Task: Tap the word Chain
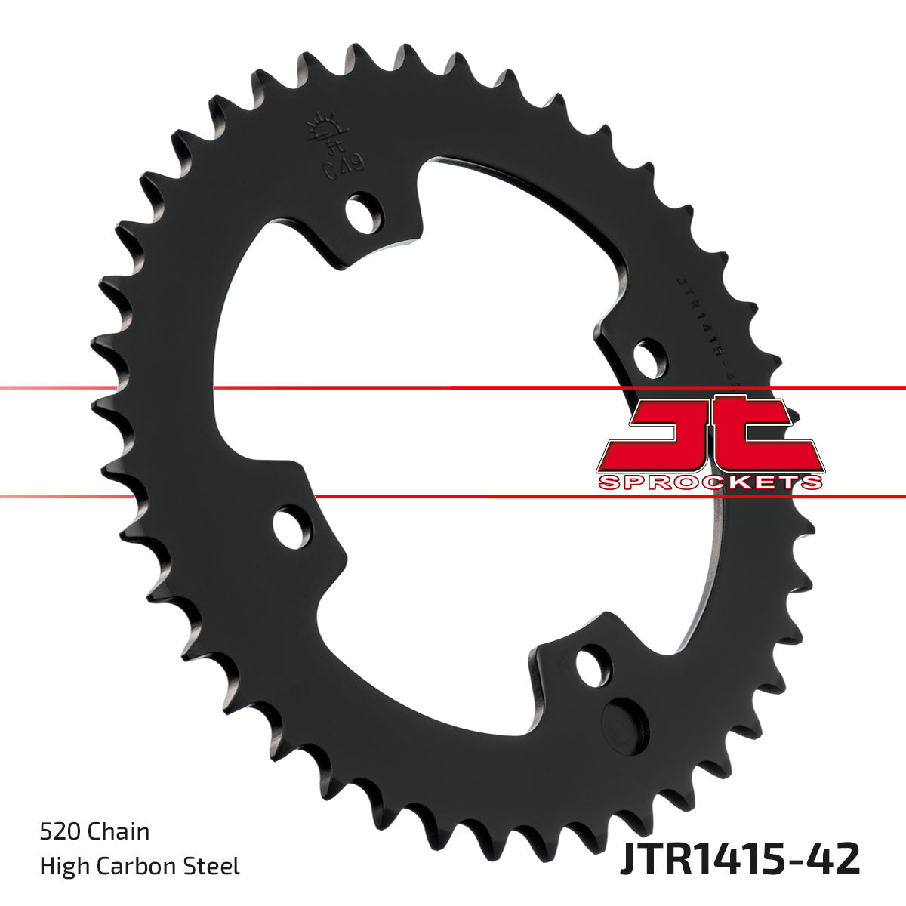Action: [119, 832]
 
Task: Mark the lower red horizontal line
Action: [453, 497]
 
